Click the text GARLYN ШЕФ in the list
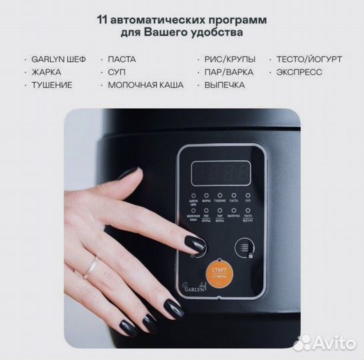(x=59, y=59)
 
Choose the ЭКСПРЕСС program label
(x=298, y=72)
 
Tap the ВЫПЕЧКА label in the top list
(x=225, y=85)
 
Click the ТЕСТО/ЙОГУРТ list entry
(x=309, y=59)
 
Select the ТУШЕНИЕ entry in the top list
(x=51, y=85)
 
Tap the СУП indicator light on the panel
(x=247, y=195)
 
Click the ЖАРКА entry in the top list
(x=46, y=72)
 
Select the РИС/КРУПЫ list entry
(x=229, y=59)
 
